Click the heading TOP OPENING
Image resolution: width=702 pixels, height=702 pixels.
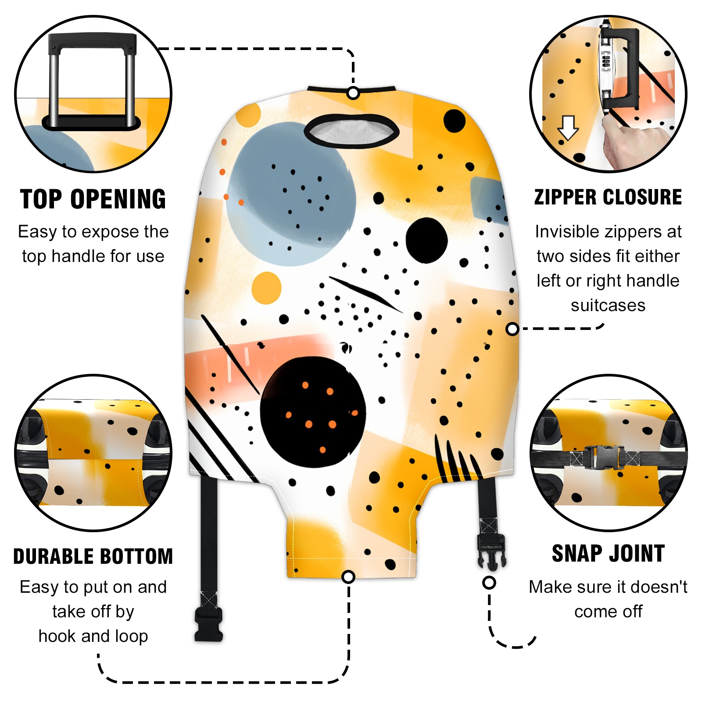pyautogui.click(x=93, y=199)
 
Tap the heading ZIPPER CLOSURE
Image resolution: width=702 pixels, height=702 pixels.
pyautogui.click(x=608, y=197)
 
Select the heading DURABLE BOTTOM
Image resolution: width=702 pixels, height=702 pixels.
pyautogui.click(x=93, y=556)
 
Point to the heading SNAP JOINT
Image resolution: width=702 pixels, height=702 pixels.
pyautogui.click(x=608, y=553)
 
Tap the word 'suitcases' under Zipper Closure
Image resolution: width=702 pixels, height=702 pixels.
pyautogui.click(x=608, y=305)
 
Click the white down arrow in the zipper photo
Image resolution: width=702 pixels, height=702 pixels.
pyautogui.click(x=568, y=128)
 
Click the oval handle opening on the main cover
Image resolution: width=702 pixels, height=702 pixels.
pyautogui.click(x=351, y=131)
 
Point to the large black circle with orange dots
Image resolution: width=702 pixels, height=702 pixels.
pyautogui.click(x=312, y=412)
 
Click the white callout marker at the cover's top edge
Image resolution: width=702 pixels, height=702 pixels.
pyautogui.click(x=353, y=93)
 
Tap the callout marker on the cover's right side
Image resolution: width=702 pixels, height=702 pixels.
pyautogui.click(x=512, y=329)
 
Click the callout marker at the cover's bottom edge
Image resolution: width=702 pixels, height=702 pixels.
pyautogui.click(x=348, y=577)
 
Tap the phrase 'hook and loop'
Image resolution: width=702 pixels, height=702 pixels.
pyautogui.click(x=93, y=636)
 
